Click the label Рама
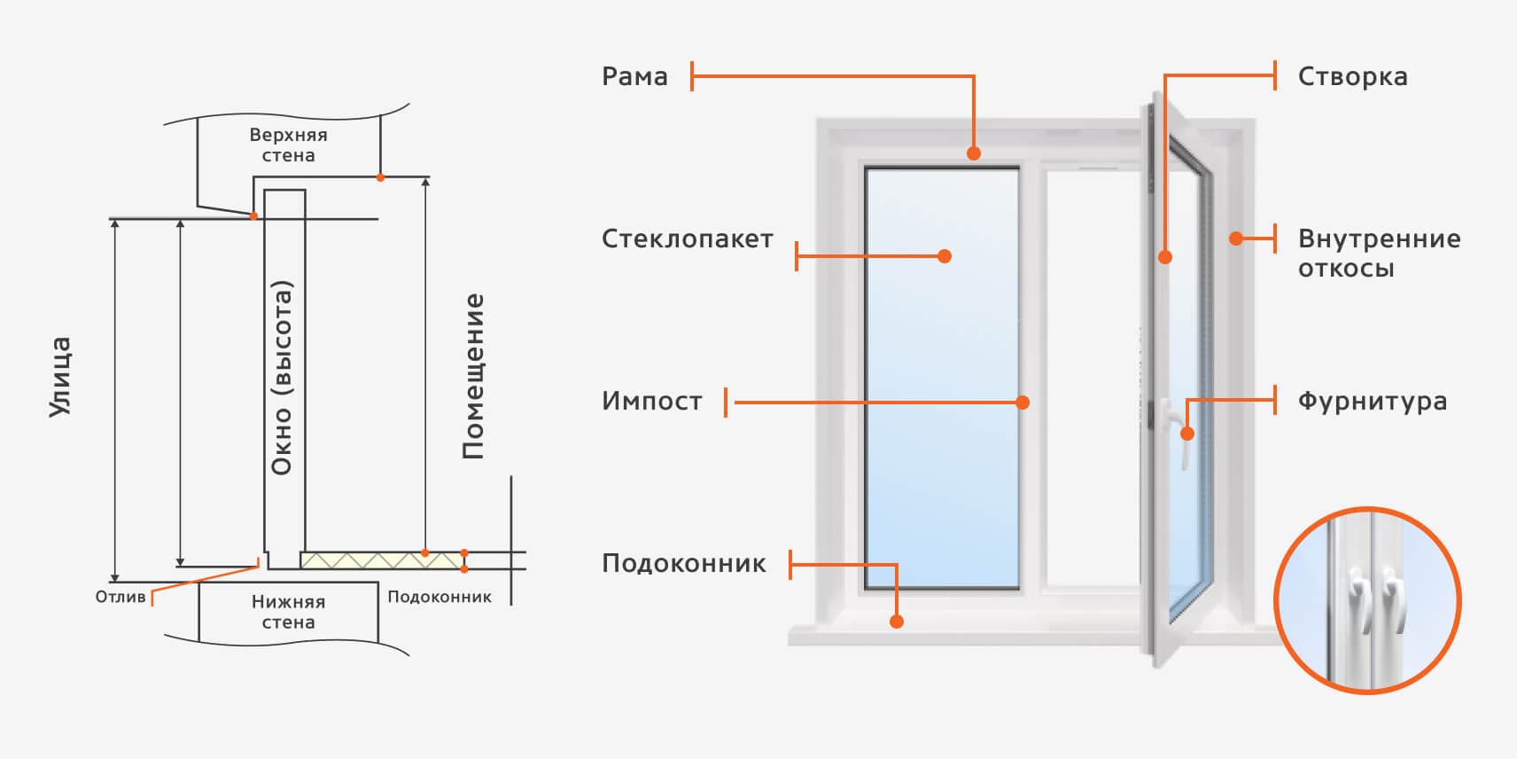[x=634, y=76]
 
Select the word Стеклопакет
[x=687, y=239]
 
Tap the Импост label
[x=651, y=402]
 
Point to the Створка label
[x=1352, y=77]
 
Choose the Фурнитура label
[x=1372, y=402]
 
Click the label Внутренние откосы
[x=1379, y=253]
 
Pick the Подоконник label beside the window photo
[x=683, y=564]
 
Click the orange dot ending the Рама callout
[x=974, y=153]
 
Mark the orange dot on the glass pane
[x=945, y=256]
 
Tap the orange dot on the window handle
[x=1187, y=434]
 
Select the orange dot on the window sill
[x=897, y=622]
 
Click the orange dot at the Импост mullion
[x=1023, y=403]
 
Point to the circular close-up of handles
[x=1366, y=600]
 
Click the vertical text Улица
[x=59, y=377]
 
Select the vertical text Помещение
[x=473, y=376]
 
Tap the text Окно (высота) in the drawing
[x=282, y=378]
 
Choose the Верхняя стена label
[x=288, y=145]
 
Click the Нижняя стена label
[x=288, y=612]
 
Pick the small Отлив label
[x=121, y=597]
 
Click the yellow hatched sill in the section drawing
[x=381, y=559]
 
